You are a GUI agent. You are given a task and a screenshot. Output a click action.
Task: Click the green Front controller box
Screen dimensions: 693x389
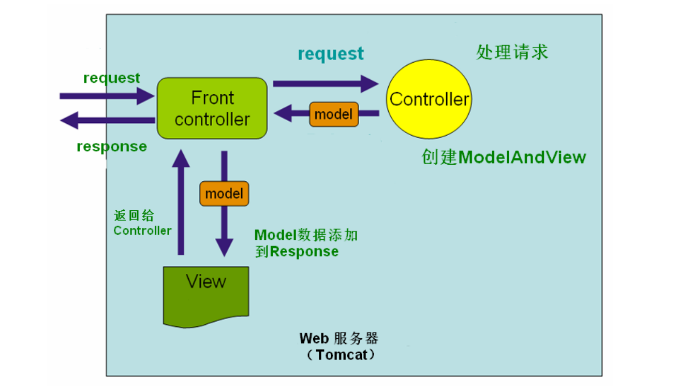[x=212, y=108]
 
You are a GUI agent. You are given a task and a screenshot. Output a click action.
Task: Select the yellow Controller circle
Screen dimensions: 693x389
[x=429, y=99]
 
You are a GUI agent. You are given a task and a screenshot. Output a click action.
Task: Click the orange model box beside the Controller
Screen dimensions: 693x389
[x=334, y=114]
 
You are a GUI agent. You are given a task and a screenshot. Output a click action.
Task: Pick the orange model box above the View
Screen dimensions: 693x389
[x=224, y=194]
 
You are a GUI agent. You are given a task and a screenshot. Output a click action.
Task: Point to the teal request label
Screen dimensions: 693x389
[x=331, y=54]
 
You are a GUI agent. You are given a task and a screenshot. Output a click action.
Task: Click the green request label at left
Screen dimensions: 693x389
[x=112, y=78]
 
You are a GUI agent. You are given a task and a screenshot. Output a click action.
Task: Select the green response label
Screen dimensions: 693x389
[x=112, y=147]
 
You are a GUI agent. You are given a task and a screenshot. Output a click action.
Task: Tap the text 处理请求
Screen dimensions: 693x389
[x=512, y=52]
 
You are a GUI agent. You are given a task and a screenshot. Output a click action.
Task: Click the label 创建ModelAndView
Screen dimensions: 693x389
[x=504, y=157]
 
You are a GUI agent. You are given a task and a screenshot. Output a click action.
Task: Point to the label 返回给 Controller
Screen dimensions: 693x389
[x=142, y=223]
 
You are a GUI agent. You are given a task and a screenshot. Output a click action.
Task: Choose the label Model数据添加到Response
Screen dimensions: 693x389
[x=306, y=243]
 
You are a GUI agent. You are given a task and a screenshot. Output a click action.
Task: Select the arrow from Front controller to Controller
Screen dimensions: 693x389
[x=326, y=83]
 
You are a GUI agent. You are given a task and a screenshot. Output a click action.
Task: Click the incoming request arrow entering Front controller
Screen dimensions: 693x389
[x=107, y=96]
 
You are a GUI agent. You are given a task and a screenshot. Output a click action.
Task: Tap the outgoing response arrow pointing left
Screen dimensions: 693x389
[x=107, y=120]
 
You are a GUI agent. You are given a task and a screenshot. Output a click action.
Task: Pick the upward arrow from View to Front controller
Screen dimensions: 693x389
[x=181, y=202]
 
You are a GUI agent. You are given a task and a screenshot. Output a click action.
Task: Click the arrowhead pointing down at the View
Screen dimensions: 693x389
[x=224, y=247]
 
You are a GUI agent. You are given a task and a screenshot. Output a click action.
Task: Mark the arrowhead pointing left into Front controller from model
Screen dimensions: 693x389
[x=283, y=113]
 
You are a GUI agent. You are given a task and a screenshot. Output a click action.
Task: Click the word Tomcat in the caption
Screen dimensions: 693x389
[x=342, y=355]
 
